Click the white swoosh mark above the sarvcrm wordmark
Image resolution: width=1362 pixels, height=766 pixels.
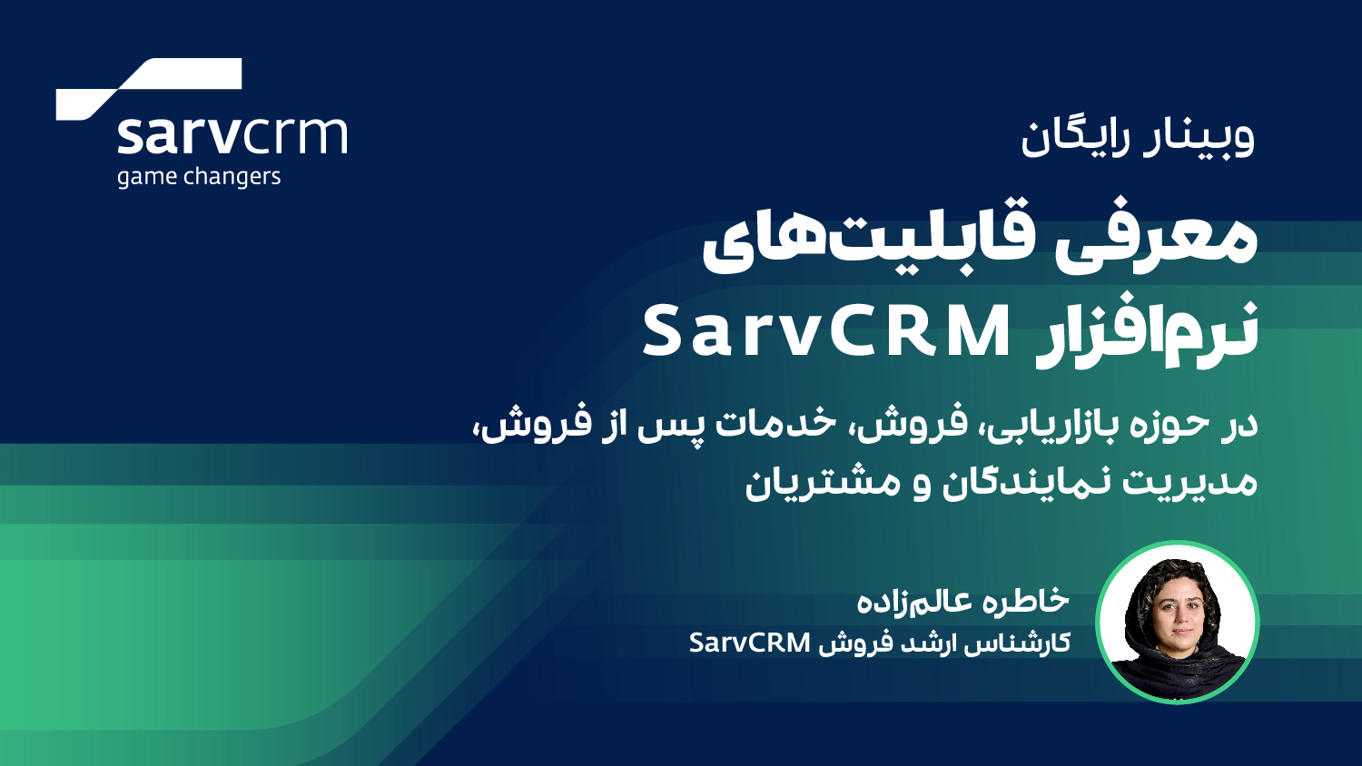point(150,88)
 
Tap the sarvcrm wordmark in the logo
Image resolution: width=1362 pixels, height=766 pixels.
point(232,135)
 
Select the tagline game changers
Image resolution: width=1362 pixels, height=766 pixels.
point(198,176)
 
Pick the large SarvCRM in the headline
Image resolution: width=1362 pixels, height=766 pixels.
point(826,332)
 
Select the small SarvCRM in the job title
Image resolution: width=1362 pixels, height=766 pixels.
point(749,643)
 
